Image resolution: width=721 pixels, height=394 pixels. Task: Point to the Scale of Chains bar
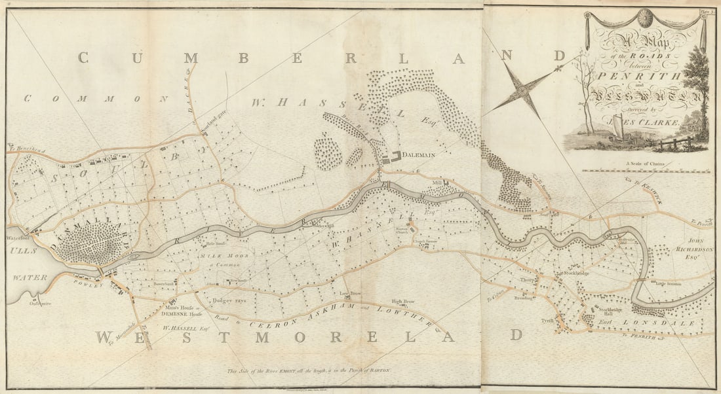[646, 170]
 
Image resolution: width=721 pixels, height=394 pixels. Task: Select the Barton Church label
[402, 231]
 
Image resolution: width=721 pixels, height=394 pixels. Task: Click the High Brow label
[402, 302]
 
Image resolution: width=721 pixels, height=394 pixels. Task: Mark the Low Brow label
[351, 294]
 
